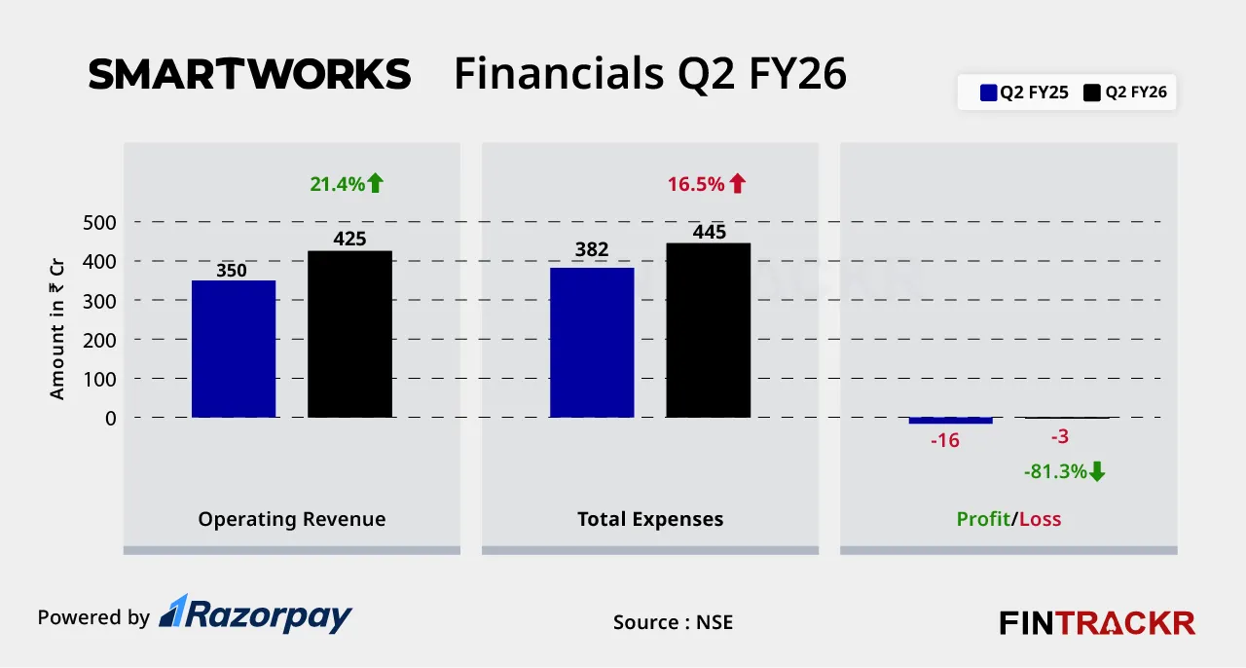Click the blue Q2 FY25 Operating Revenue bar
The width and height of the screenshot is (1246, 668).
[x=234, y=349]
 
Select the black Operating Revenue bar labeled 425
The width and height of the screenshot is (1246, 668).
[x=349, y=334]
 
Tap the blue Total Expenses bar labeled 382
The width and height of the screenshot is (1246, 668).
[x=592, y=342]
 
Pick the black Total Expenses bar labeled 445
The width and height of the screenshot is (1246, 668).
[x=708, y=330]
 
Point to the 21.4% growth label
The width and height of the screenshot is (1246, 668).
[x=347, y=183]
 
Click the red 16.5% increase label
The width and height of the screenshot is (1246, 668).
[x=706, y=183]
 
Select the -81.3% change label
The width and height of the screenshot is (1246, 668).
[x=1065, y=471]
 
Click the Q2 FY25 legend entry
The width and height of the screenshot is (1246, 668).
[x=1025, y=93]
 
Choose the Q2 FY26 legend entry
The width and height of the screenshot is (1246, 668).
[x=1126, y=93]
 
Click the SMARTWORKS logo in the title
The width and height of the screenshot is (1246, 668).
[x=249, y=75]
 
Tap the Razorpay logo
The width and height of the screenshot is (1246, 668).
[x=255, y=614]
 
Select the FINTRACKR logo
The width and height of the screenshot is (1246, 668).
[x=1097, y=622]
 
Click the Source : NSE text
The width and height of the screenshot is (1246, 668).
[x=673, y=622]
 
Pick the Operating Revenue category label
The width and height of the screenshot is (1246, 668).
[x=292, y=519]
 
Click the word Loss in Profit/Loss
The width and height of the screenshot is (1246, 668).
[x=1040, y=519]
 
